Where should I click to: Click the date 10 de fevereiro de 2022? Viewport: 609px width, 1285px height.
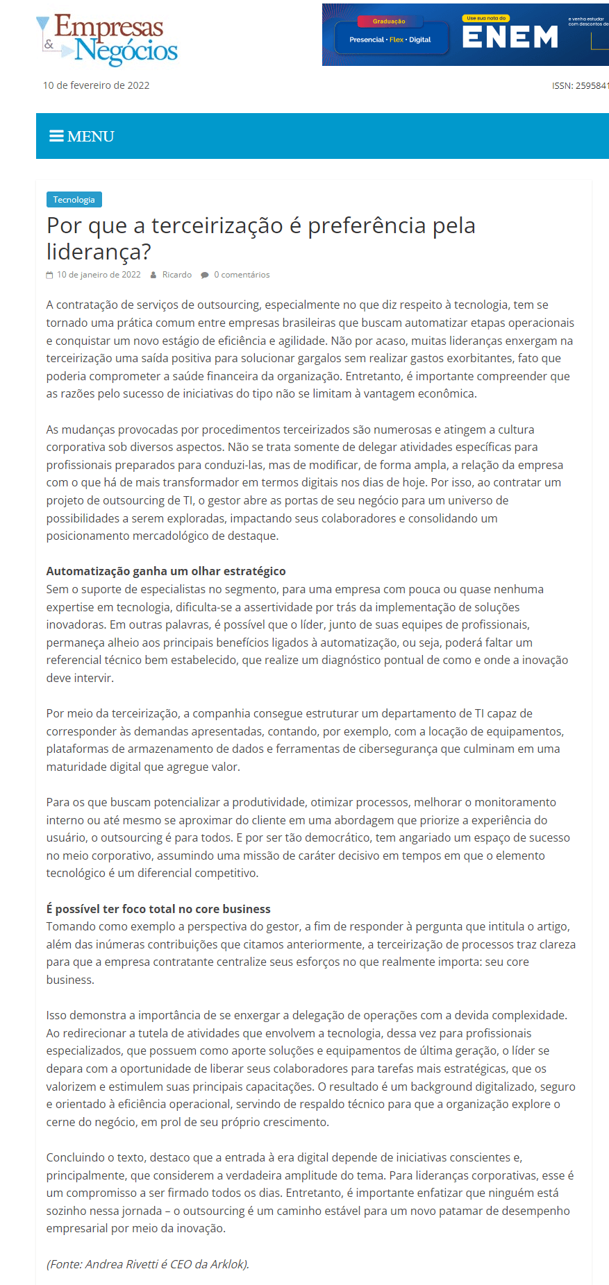click(96, 85)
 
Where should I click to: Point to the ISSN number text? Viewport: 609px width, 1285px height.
click(580, 86)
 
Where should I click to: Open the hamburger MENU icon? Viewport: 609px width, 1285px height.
click(56, 136)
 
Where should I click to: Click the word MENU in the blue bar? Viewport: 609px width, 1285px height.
click(91, 137)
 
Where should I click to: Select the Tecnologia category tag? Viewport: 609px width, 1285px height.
click(74, 200)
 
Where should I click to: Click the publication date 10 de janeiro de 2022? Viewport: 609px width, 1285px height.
click(99, 275)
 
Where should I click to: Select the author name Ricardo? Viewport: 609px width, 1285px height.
click(176, 275)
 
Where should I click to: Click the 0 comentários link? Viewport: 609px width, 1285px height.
click(242, 275)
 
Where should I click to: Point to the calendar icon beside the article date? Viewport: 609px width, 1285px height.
click(49, 275)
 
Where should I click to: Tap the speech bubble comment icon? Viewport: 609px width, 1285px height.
click(205, 275)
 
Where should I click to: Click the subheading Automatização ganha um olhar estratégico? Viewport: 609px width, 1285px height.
click(166, 571)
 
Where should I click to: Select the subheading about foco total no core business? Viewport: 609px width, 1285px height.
click(158, 909)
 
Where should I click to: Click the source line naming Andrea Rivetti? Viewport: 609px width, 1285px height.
click(148, 1264)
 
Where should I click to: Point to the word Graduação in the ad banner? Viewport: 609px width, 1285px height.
click(389, 22)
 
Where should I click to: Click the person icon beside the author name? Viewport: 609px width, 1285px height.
click(153, 275)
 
